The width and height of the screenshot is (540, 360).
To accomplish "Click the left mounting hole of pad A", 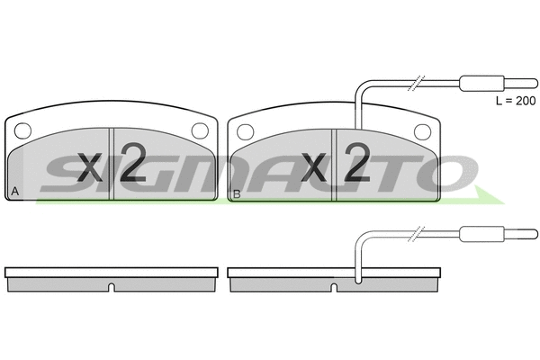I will (24, 131).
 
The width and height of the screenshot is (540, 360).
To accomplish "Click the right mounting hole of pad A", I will (200, 131).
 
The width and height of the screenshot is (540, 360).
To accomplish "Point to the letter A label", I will (14, 192).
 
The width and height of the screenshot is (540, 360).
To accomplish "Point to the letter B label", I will (237, 192).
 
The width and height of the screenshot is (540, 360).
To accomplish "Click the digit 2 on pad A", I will (131, 164).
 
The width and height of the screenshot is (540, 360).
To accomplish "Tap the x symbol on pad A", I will (90, 167).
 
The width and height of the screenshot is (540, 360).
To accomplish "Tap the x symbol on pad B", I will (313, 167).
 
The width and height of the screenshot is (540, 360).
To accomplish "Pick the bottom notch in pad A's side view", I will (111, 288).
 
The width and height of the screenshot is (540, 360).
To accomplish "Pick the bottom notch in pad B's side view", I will (333, 288).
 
